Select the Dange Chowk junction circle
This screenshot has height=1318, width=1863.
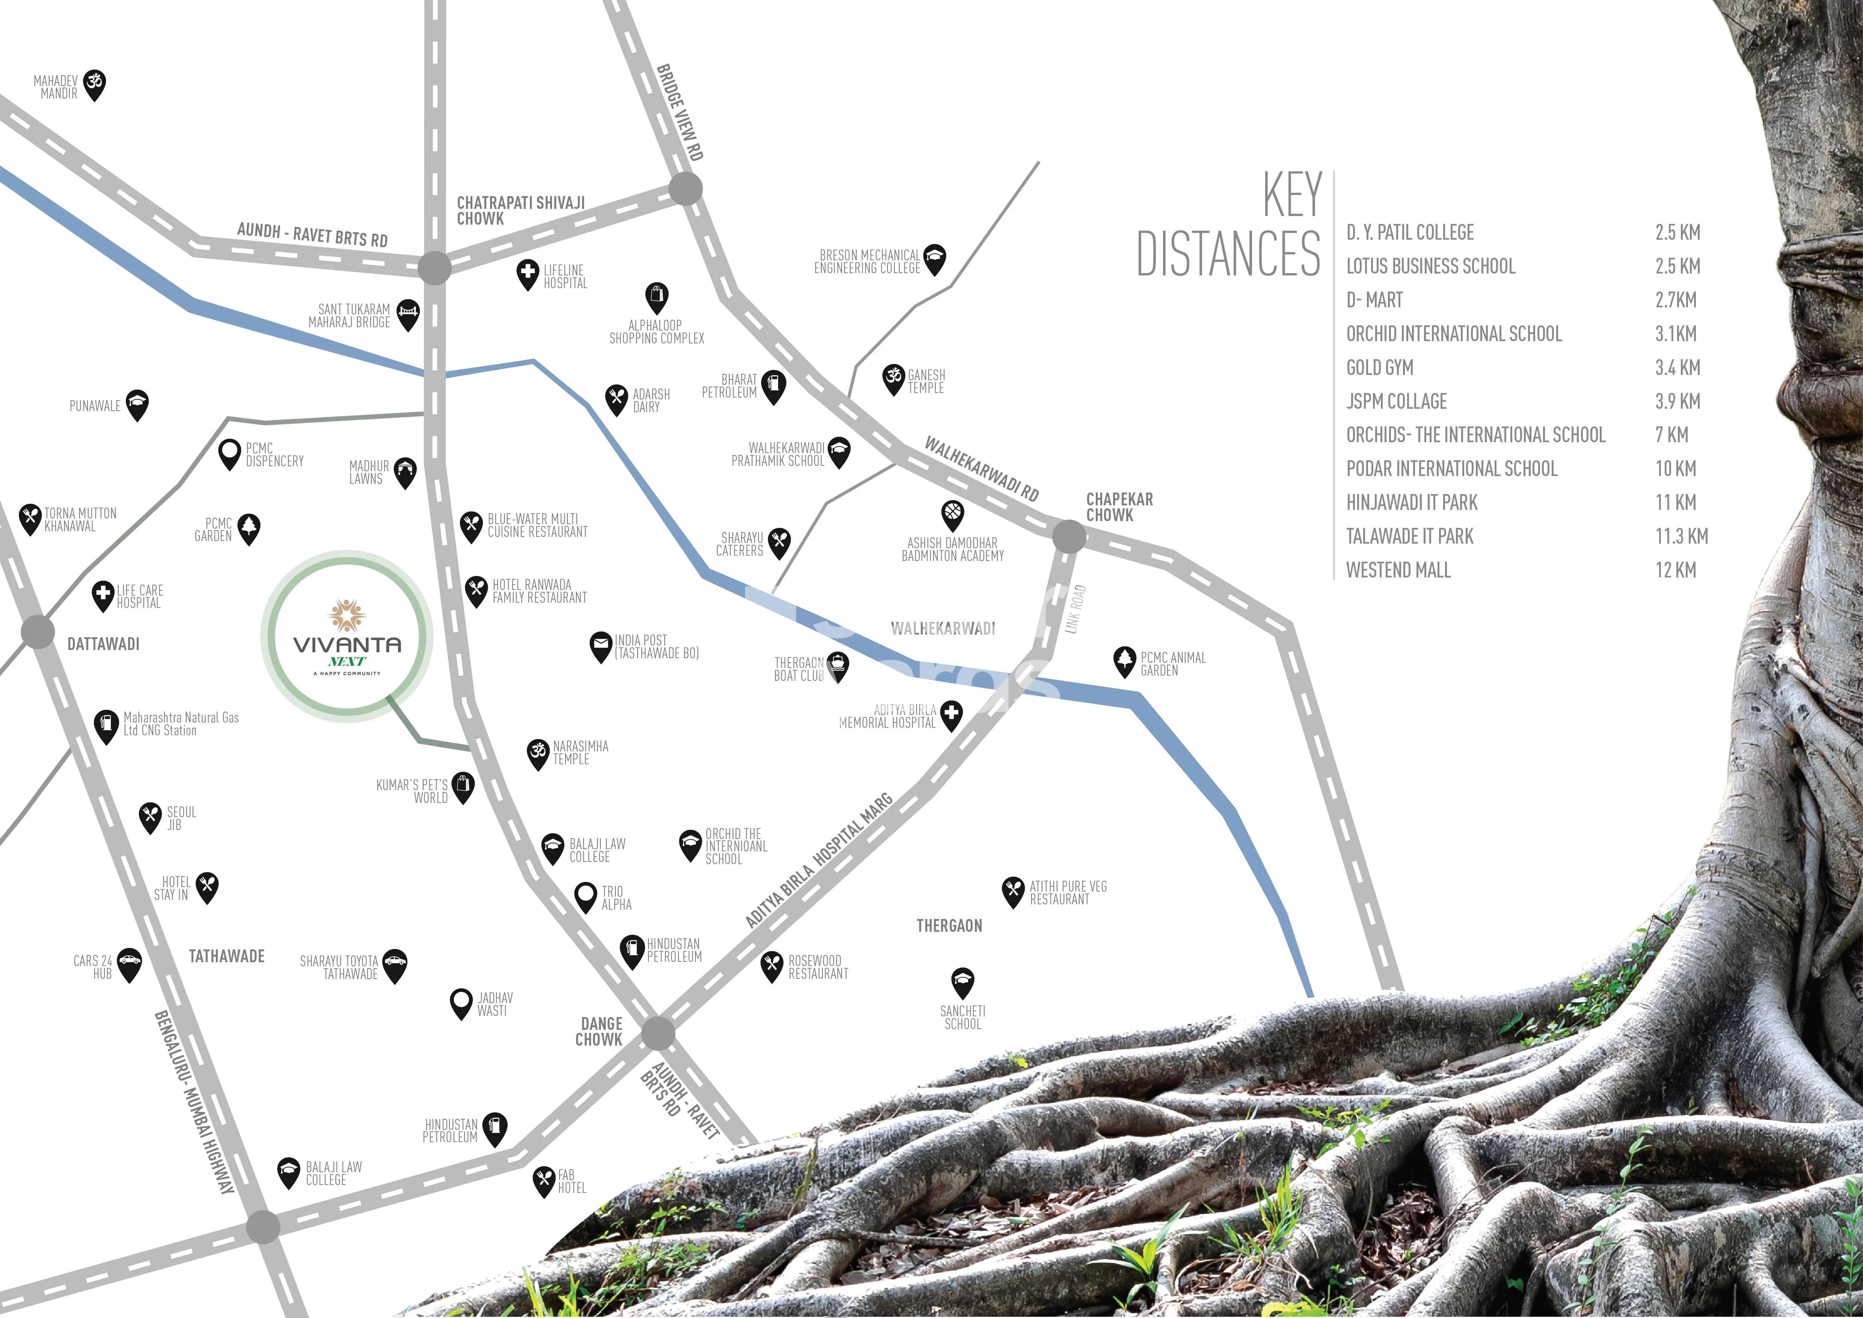pyautogui.click(x=658, y=1034)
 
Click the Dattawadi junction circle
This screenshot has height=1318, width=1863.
pyautogui.click(x=37, y=632)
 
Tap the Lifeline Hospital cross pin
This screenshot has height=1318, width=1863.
pyautogui.click(x=528, y=274)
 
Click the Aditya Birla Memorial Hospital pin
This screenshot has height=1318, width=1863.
pyautogui.click(x=951, y=714)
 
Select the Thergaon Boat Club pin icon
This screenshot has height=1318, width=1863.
pyautogui.click(x=838, y=665)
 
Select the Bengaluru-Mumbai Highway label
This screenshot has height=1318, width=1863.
pyautogui.click(x=195, y=1102)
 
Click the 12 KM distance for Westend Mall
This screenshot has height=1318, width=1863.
pyautogui.click(x=1676, y=570)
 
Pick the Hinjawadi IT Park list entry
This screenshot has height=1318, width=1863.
pyautogui.click(x=1412, y=502)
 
